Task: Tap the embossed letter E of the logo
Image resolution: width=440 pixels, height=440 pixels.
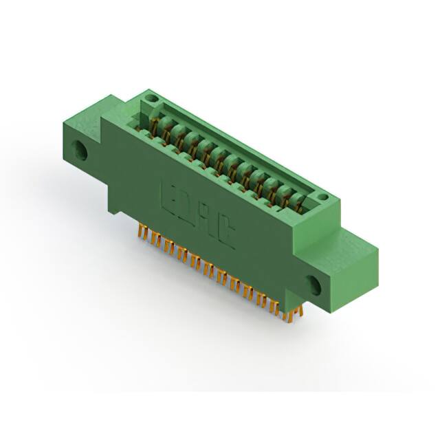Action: [167, 195]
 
